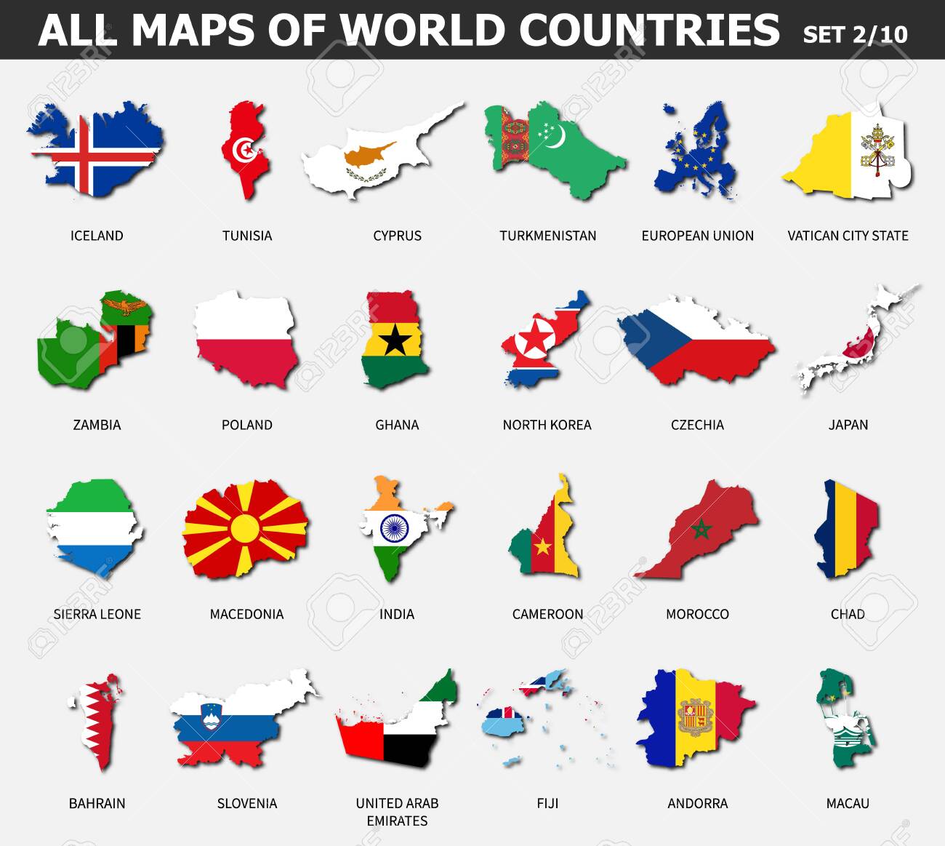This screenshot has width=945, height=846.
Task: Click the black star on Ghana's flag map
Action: (x=395, y=339)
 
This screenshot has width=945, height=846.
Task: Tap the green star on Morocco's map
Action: (x=701, y=530)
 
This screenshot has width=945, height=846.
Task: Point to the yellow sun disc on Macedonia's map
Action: (x=245, y=529)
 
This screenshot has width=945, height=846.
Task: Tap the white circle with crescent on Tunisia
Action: (x=244, y=151)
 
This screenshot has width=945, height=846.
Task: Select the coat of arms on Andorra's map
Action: (x=694, y=717)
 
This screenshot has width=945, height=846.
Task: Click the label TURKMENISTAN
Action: (x=547, y=236)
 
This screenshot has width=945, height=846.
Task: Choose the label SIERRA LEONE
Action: (x=97, y=614)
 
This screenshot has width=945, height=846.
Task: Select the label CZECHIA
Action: (x=697, y=425)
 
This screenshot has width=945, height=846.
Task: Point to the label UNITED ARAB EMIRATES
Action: (x=397, y=812)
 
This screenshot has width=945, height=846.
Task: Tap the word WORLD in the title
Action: (x=423, y=30)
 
